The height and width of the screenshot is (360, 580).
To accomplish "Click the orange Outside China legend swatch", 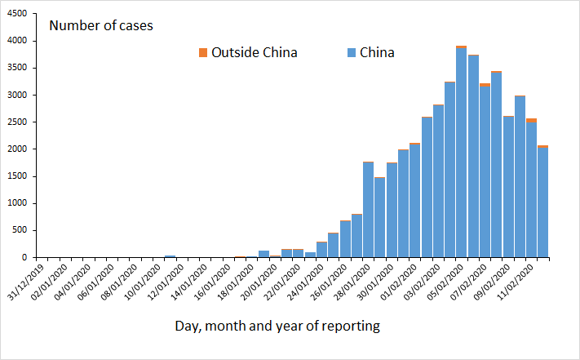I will pos(203,53).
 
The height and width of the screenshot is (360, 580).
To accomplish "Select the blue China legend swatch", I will pos(352,53).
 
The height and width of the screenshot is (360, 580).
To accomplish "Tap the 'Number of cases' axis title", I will pos(101,25).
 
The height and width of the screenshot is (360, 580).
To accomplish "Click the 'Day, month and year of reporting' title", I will pos(277,327).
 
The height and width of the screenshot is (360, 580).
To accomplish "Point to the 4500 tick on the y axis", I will pos(17,14).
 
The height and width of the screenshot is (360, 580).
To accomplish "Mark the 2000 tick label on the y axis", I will pos(17,149).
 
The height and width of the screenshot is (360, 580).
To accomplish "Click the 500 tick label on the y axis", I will pos(20,230).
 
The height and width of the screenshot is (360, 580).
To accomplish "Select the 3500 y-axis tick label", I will pos(17,68).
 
